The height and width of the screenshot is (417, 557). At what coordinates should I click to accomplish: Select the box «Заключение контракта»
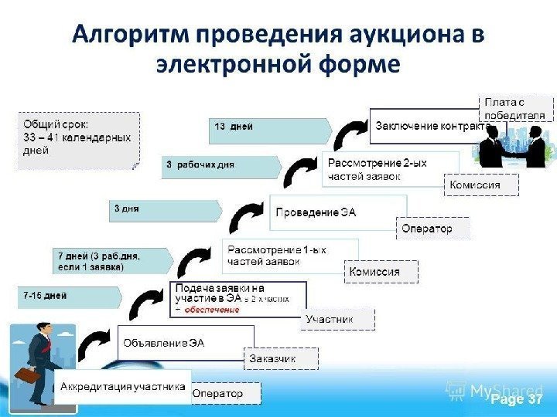point(431,126)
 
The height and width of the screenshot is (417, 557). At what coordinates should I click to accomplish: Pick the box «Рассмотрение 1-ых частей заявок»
point(290,256)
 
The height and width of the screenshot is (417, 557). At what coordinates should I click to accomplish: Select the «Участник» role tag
point(330,319)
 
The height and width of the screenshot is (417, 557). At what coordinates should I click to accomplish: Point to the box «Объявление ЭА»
point(186,343)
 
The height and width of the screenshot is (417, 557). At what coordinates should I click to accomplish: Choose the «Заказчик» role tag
point(272,359)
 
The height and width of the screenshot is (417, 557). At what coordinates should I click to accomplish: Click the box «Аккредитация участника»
point(123,385)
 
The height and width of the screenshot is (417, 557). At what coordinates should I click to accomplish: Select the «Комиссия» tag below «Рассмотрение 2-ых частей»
point(480,185)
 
